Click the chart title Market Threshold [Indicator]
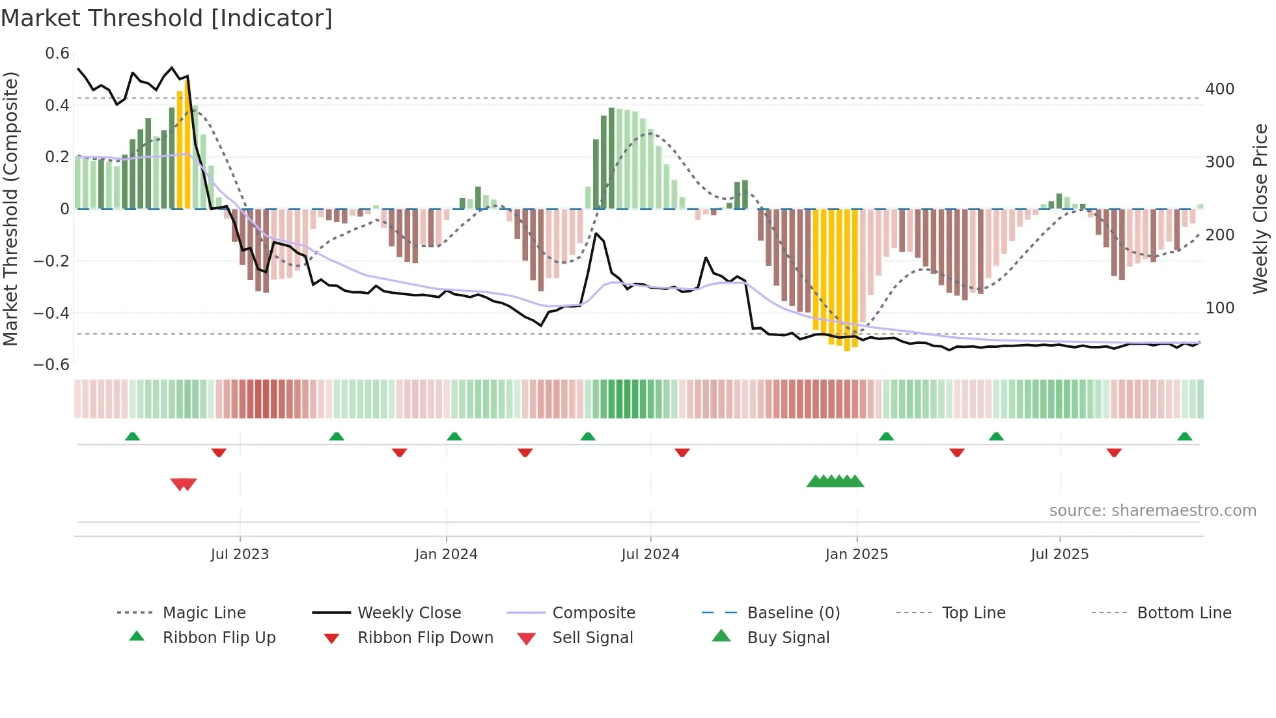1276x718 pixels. tap(167, 18)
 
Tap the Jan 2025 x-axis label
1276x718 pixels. tap(856, 554)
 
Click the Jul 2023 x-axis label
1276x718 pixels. tap(240, 554)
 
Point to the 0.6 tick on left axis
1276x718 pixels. tap(57, 53)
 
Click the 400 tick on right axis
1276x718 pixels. tap(1219, 89)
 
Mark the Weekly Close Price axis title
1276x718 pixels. tap(1260, 208)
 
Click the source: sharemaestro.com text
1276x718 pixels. tap(1152, 511)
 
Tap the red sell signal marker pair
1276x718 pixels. tap(184, 484)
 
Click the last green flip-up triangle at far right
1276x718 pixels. tap(1184, 437)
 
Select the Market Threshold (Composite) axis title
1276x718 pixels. tap(10, 208)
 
